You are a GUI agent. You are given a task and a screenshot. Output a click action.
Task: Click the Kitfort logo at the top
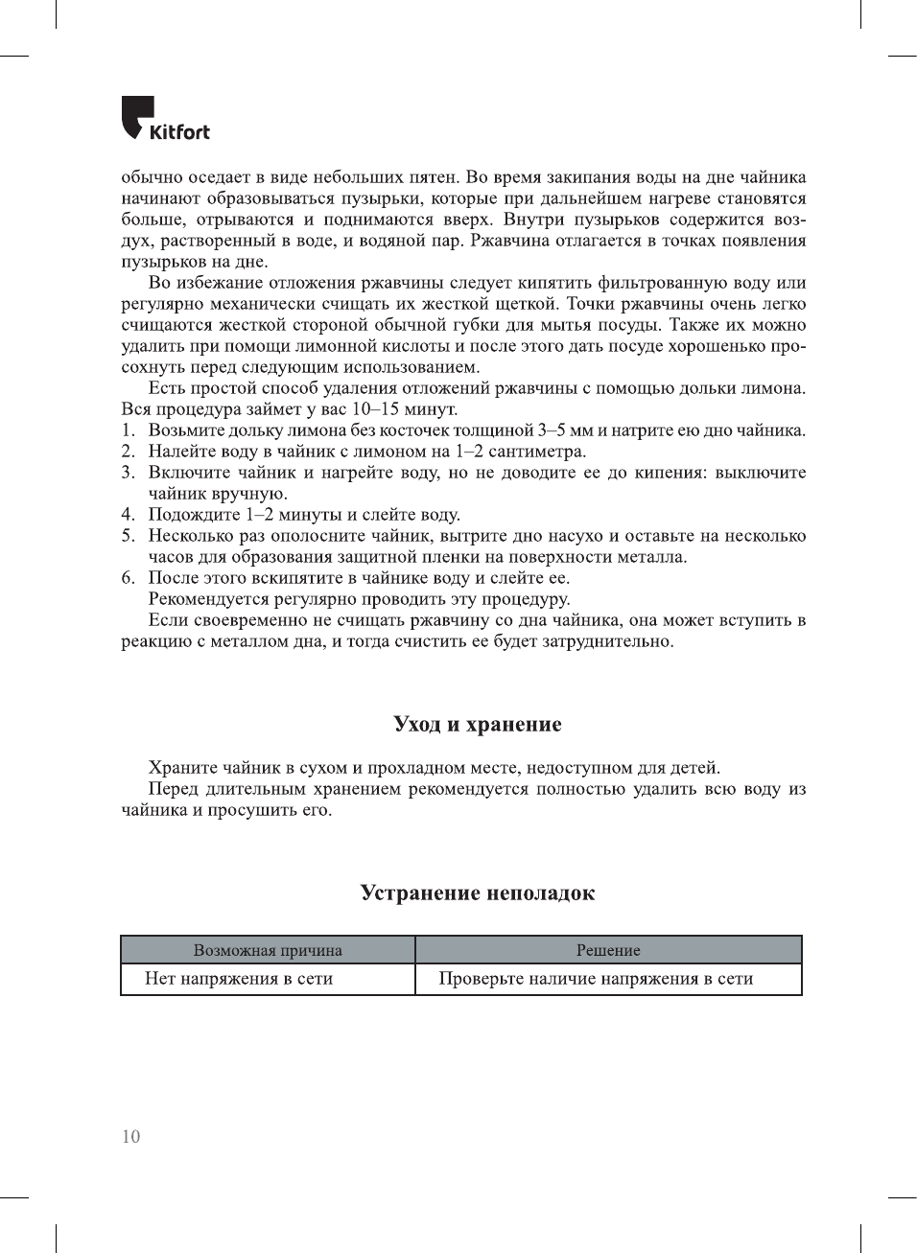165,119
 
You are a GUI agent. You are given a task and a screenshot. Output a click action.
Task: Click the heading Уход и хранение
477,724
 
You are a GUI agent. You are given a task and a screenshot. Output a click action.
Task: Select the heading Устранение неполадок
477,893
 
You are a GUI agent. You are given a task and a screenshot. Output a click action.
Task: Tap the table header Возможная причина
268,950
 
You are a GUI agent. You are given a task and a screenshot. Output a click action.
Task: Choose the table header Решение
608,950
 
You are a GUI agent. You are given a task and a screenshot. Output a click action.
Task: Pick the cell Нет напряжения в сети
239,979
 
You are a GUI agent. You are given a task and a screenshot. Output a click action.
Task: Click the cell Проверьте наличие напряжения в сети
596,979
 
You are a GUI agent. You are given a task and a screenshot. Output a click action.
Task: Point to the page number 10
130,1137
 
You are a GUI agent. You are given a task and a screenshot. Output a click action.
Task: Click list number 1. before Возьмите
129,430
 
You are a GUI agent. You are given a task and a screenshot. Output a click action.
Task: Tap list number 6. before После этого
129,578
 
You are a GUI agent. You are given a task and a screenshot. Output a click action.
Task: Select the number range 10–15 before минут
376,409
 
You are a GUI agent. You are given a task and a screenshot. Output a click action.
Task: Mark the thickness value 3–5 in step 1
551,430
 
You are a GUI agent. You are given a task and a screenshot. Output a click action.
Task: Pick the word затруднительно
607,641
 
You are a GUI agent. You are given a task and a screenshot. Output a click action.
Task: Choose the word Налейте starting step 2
180,452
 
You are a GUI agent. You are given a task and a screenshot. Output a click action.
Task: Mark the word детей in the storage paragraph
695,768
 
